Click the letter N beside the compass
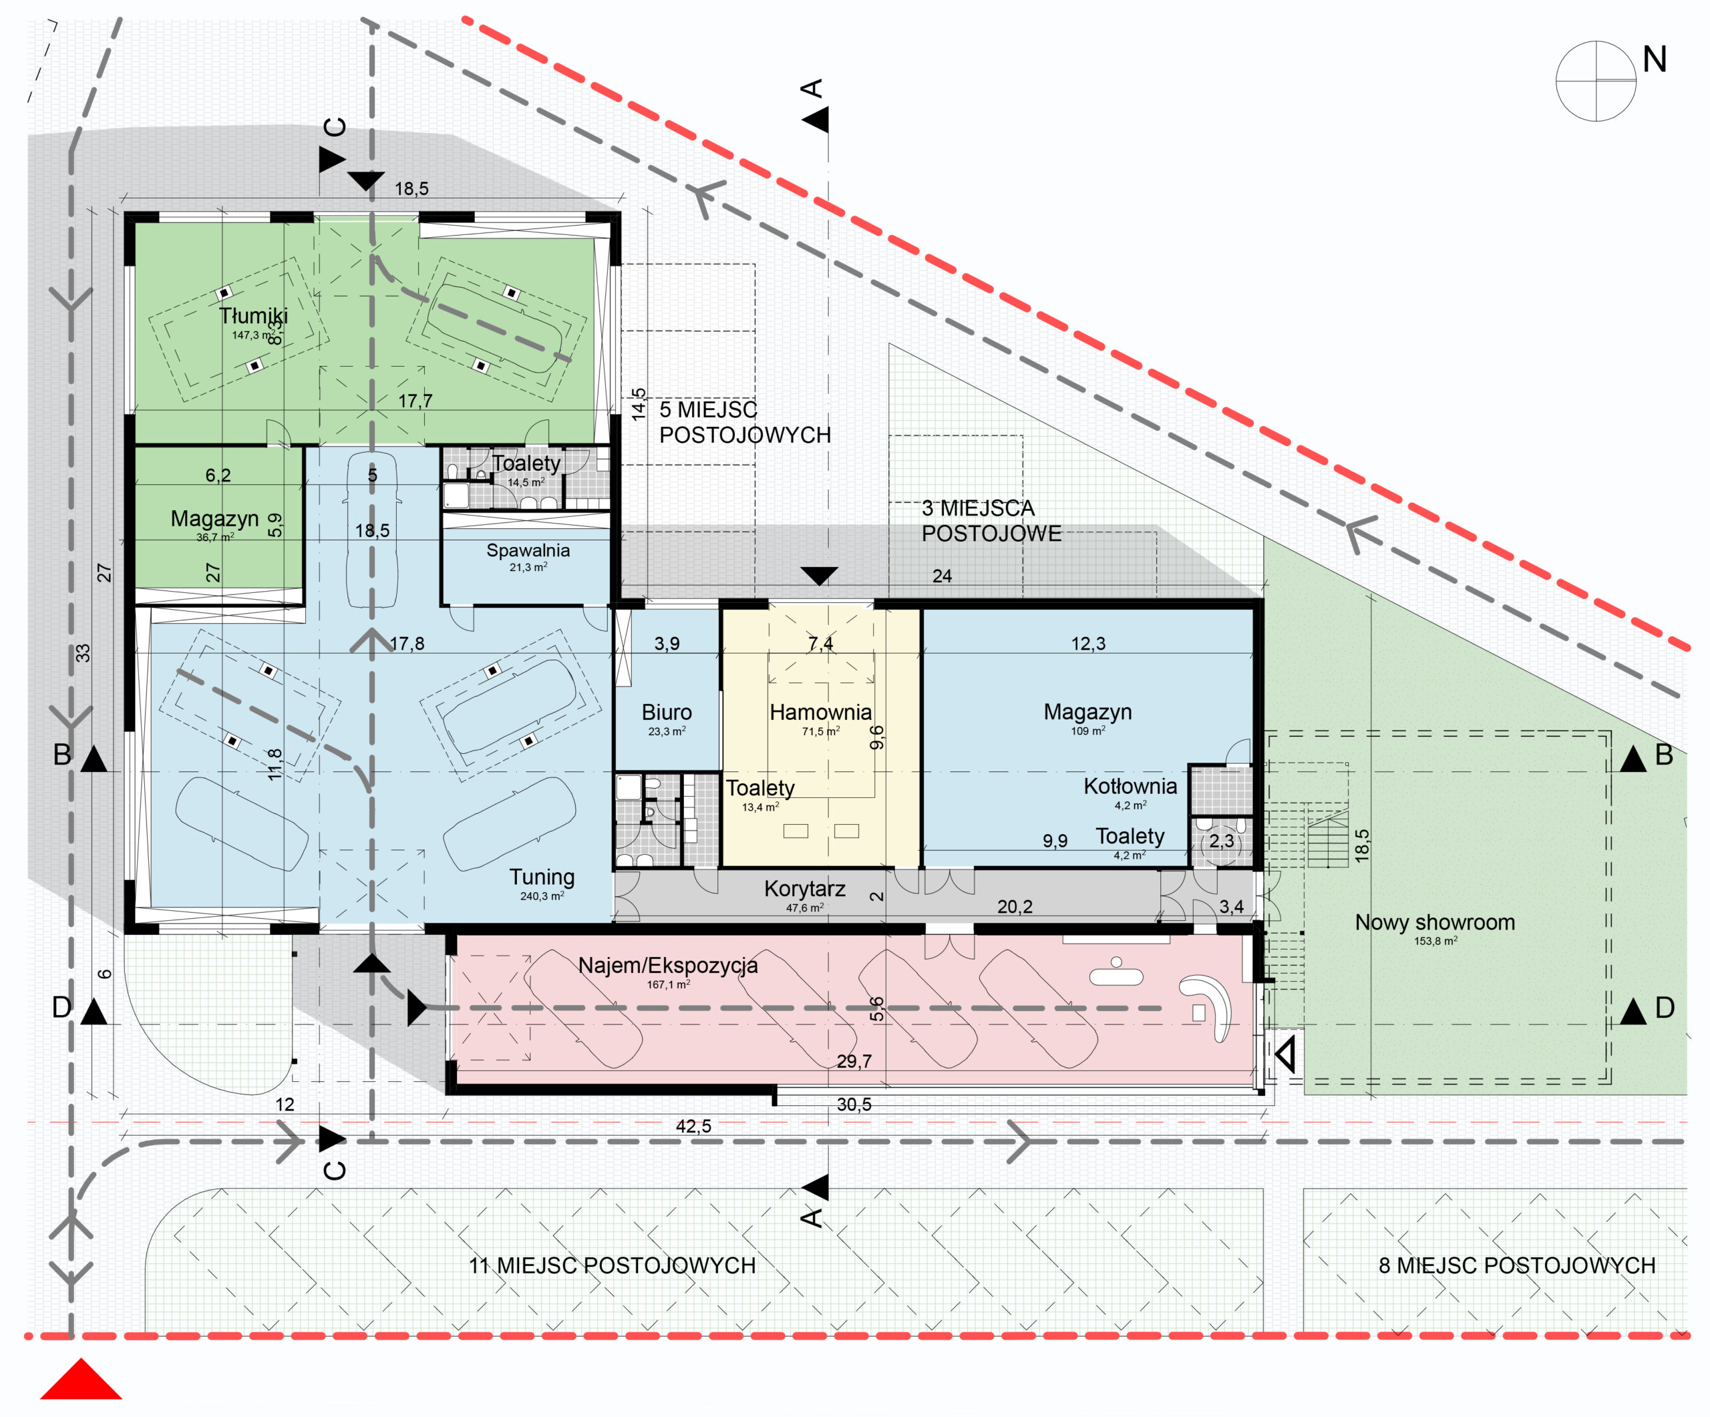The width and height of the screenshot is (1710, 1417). (1655, 59)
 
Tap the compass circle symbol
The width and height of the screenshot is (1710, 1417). (1596, 81)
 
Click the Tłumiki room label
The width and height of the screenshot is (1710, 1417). (253, 316)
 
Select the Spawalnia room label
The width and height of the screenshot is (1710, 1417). (528, 550)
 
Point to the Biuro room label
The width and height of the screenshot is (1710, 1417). (667, 712)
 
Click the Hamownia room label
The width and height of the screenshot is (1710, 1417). (821, 712)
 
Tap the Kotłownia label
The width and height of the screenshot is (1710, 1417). (1130, 786)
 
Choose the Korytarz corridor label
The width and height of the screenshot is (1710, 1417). (804, 889)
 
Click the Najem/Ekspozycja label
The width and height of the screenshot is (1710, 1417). (668, 966)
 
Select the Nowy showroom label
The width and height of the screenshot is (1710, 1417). (1435, 922)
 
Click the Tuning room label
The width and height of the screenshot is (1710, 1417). (542, 877)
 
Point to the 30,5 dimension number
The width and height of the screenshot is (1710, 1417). (854, 1104)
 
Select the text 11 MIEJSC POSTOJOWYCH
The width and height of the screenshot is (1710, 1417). (612, 1265)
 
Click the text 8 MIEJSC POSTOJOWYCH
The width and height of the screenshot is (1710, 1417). (1517, 1265)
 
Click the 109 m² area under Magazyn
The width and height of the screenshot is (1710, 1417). (1088, 731)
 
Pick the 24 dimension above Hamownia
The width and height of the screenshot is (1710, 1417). (942, 576)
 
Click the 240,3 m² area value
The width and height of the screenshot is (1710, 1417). (542, 896)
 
